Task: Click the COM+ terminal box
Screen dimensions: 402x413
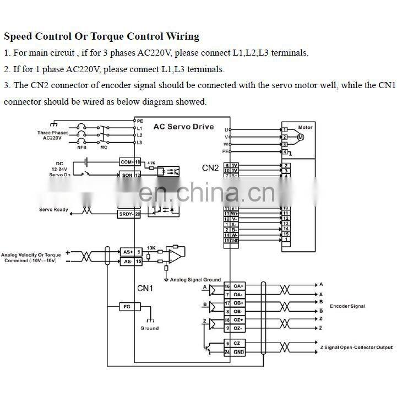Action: [x=127, y=162]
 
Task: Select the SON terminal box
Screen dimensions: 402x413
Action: [x=127, y=175]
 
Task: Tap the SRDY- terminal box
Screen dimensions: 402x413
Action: [x=126, y=214]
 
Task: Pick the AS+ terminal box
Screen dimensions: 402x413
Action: [x=128, y=252]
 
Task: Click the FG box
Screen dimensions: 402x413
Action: [x=127, y=306]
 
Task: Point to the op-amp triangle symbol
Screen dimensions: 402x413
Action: [x=175, y=253]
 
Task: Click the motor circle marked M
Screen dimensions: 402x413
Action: [x=301, y=137]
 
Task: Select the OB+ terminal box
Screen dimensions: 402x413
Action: [x=238, y=303]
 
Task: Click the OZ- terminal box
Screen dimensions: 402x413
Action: [x=238, y=328]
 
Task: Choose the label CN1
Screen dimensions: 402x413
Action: [x=145, y=288]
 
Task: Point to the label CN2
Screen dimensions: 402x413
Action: [x=210, y=168]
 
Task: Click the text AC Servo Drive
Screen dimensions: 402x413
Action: [x=183, y=127]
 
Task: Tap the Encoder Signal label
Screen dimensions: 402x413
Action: [x=347, y=306]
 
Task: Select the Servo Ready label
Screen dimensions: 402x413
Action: [x=53, y=210]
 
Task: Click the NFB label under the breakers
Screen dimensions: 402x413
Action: [x=81, y=147]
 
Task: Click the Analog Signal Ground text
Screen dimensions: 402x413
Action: [x=195, y=280]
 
